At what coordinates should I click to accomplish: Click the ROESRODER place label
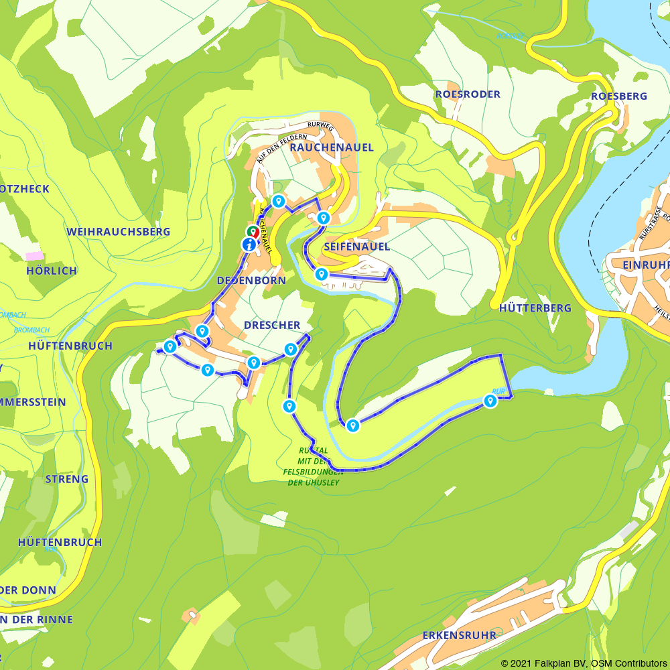point(468,94)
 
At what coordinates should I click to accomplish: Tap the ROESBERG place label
point(619,96)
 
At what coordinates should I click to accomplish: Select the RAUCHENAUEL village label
point(332,147)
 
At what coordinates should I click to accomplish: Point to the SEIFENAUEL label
point(356,247)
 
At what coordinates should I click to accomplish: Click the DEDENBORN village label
point(251,281)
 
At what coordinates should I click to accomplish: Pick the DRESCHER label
point(272,326)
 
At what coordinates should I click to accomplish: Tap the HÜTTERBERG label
point(535,308)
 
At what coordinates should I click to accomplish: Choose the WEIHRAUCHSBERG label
point(119,232)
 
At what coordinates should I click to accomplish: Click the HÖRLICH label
point(52,271)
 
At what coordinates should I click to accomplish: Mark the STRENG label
point(66,479)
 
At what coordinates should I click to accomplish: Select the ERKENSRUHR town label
point(460,635)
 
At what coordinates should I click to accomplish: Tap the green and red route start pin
point(253,232)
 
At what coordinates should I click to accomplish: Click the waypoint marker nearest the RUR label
point(490,401)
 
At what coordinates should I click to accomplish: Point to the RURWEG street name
point(320,125)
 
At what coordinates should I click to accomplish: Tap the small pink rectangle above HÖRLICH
point(33,257)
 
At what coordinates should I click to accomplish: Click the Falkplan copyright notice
point(584,663)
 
